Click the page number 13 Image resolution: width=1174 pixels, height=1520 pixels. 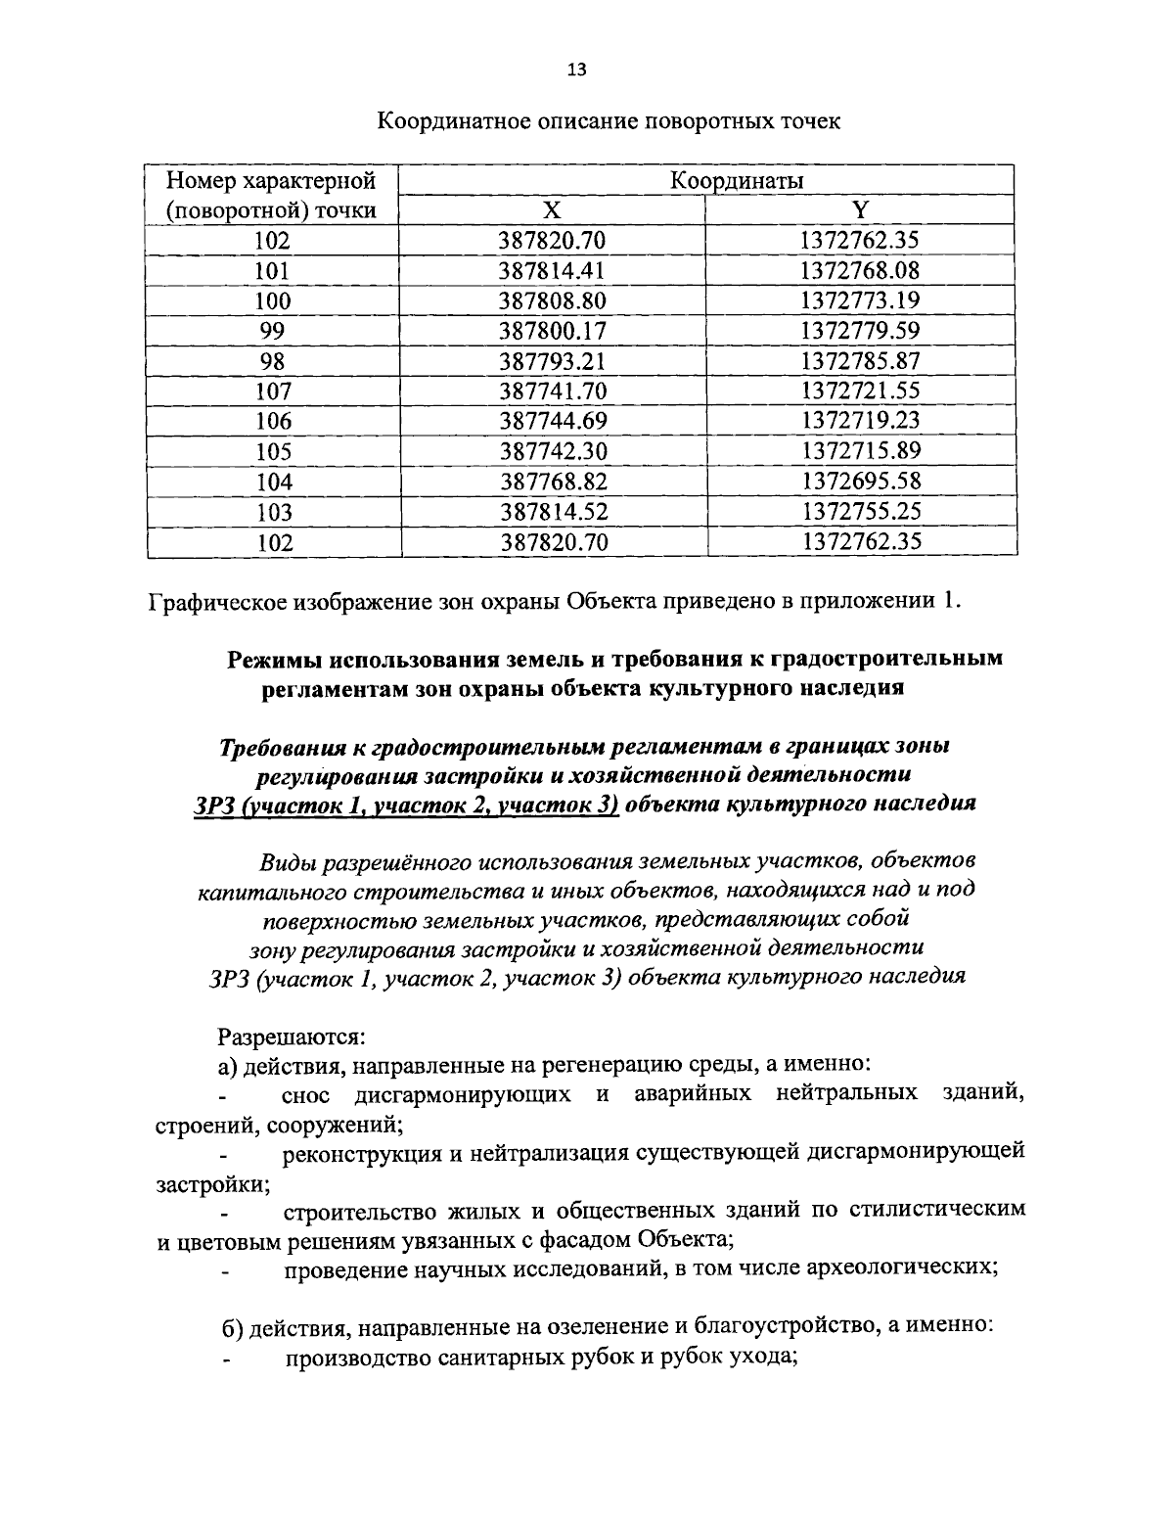(x=576, y=69)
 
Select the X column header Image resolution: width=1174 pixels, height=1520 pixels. (x=552, y=210)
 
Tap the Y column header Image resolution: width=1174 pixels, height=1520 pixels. (x=859, y=210)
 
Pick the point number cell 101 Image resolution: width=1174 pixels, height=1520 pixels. (x=273, y=271)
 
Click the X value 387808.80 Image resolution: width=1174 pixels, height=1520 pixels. (x=553, y=300)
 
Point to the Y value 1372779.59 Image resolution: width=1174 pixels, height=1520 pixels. (x=860, y=331)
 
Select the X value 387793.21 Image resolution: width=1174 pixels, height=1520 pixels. (x=553, y=361)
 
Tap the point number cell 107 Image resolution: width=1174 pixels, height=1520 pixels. (x=273, y=392)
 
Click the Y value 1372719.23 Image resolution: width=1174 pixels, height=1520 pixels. (x=860, y=421)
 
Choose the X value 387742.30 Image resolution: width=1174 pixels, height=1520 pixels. (x=553, y=451)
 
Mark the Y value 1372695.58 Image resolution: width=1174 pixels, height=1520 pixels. (x=860, y=482)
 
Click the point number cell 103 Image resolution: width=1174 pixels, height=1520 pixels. (x=273, y=512)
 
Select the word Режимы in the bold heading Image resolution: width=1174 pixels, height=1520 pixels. (x=277, y=659)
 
